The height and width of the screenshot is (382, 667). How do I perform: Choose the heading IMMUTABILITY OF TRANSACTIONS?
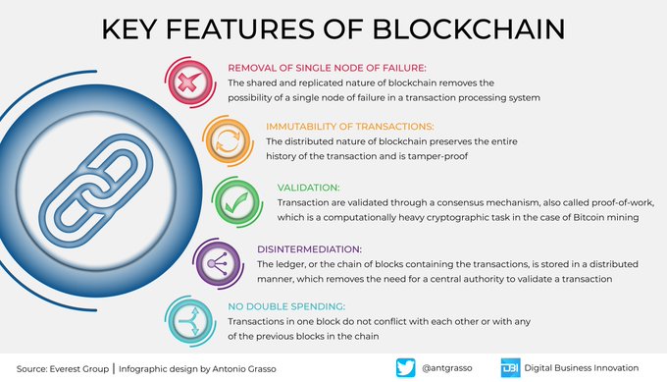pyautogui.click(x=348, y=127)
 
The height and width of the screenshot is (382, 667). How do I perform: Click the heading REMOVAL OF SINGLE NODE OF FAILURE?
pyautogui.click(x=328, y=69)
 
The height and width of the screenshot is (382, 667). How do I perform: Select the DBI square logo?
pyautogui.click(x=510, y=367)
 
